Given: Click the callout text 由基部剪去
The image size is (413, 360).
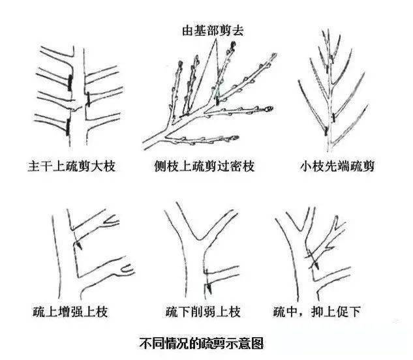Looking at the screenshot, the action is click(x=213, y=30).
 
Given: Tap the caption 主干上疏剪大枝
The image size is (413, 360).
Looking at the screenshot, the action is click(x=72, y=166).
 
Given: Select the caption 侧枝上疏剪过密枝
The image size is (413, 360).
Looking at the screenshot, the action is click(x=205, y=166).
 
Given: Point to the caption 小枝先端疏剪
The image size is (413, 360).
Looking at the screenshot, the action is click(x=337, y=166).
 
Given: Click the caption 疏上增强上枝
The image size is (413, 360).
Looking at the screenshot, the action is click(x=70, y=312).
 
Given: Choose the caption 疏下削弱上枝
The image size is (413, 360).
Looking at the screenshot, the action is click(x=204, y=312).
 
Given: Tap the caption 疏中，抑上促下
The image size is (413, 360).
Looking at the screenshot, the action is click(x=317, y=312).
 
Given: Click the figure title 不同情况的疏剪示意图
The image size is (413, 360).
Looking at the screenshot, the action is click(x=202, y=343).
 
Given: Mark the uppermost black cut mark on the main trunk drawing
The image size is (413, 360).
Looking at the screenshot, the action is click(x=70, y=82).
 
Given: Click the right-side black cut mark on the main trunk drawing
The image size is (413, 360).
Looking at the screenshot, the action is click(x=88, y=100).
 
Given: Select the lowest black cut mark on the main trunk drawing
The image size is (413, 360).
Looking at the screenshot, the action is click(x=69, y=127).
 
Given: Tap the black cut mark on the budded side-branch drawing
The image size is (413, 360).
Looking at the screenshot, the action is click(x=217, y=101).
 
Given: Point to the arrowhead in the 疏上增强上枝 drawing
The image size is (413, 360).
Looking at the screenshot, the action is click(x=79, y=246).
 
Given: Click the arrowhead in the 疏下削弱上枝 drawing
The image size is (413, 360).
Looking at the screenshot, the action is click(x=209, y=288).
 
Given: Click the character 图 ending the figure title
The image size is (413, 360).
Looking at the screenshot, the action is click(x=257, y=343).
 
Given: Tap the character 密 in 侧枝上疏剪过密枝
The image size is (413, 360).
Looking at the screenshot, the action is click(x=236, y=166).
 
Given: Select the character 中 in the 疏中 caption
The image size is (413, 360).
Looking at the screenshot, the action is click(x=292, y=312).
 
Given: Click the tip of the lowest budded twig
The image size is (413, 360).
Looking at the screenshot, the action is click(x=238, y=137).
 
